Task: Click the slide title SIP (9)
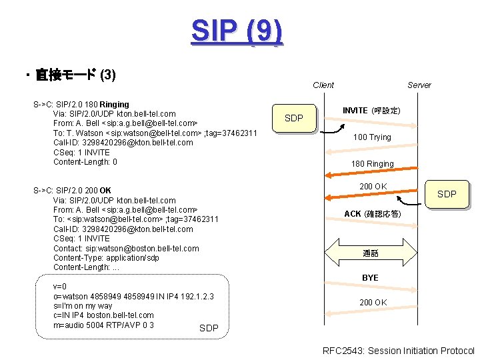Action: click(x=237, y=31)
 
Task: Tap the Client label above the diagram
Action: click(x=323, y=85)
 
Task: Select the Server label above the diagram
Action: click(x=419, y=85)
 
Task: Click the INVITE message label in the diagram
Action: click(x=371, y=110)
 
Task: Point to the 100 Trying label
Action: click(x=372, y=137)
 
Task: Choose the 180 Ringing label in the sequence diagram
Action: click(x=372, y=164)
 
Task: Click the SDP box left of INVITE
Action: click(x=294, y=118)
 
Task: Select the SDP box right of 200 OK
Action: click(x=446, y=194)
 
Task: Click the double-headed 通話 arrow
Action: click(x=371, y=253)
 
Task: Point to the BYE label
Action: click(x=370, y=277)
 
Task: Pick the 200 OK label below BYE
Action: click(x=373, y=303)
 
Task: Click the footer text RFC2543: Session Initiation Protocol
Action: click(x=398, y=351)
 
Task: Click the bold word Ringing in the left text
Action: click(x=114, y=105)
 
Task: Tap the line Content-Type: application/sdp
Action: click(x=106, y=258)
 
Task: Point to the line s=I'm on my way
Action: click(x=83, y=306)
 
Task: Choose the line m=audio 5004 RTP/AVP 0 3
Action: click(x=103, y=325)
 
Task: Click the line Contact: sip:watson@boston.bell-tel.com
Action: click(x=125, y=248)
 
